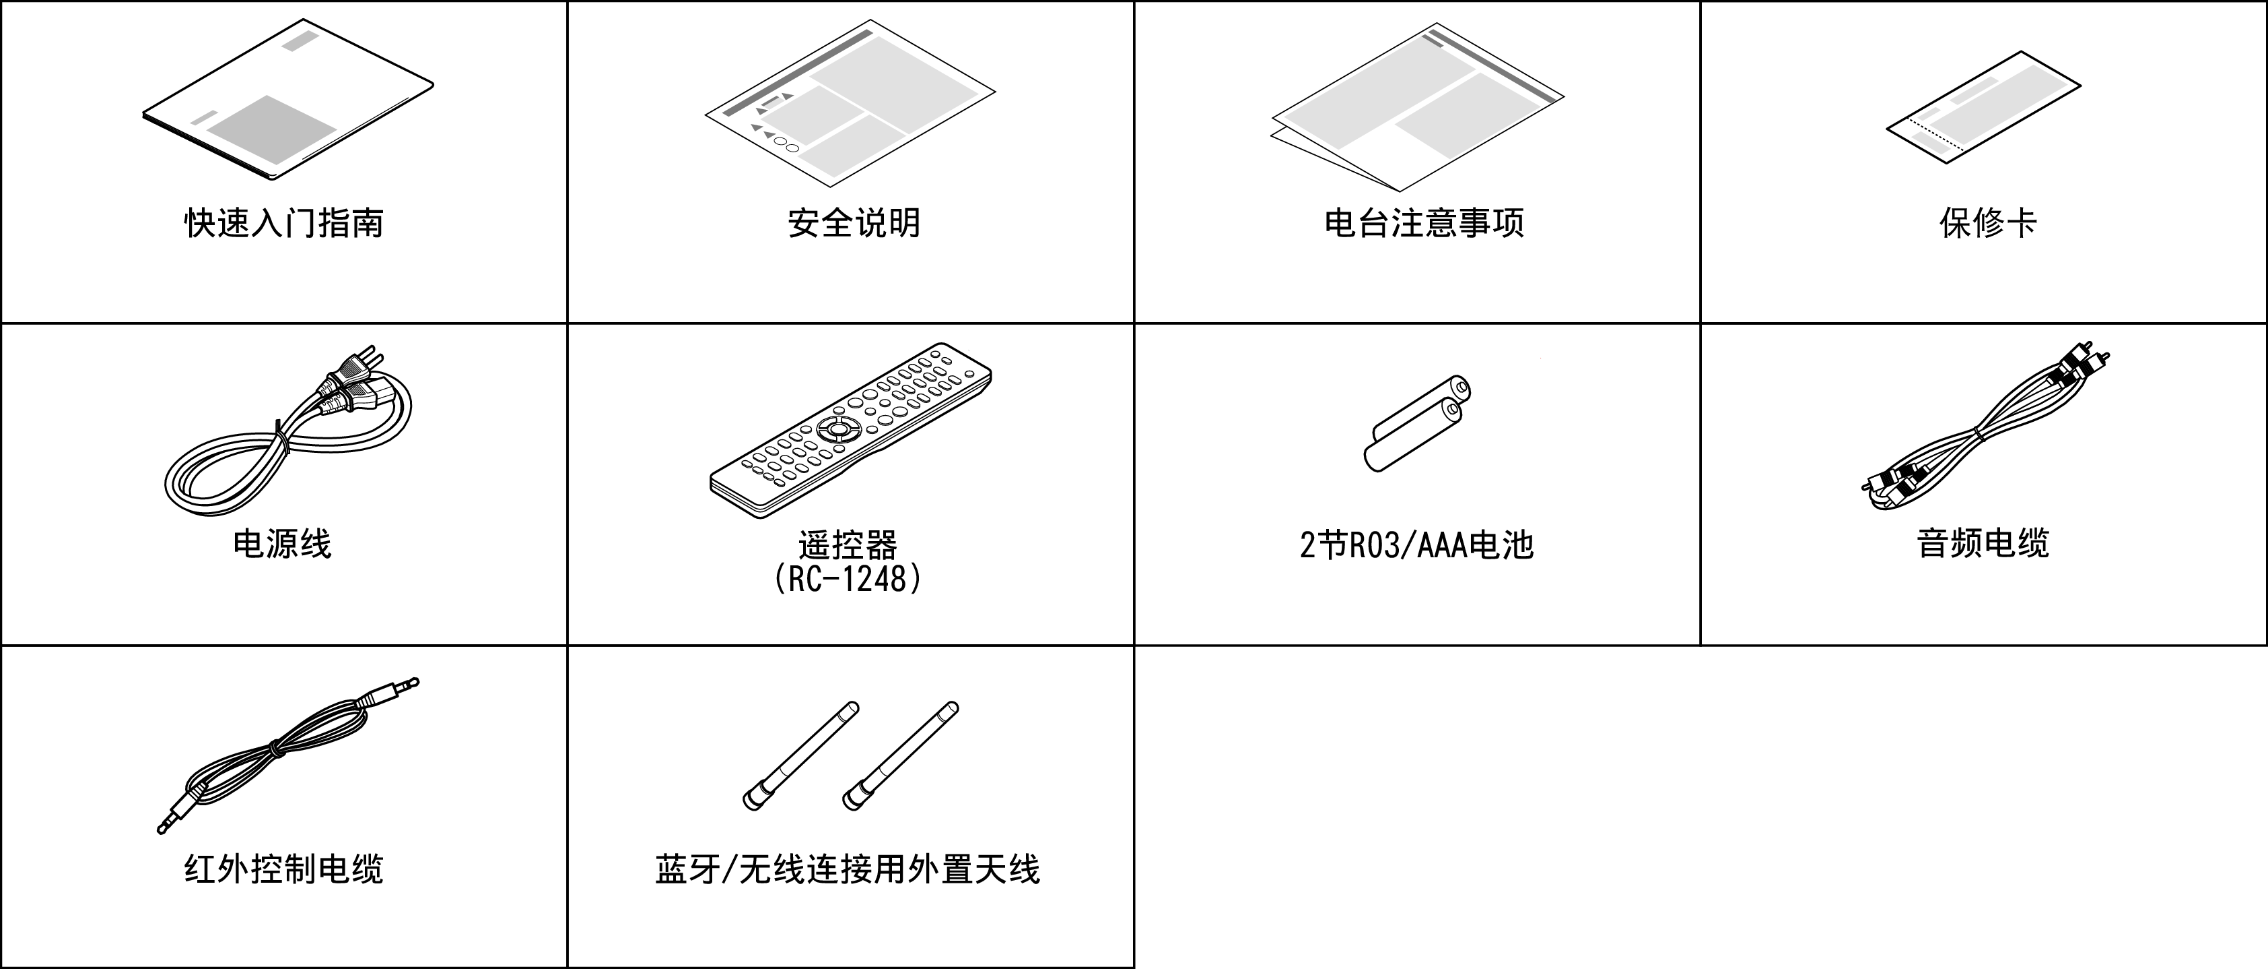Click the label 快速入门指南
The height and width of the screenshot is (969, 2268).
283,223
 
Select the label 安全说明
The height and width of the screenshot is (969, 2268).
853,223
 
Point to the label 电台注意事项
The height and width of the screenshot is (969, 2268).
1424,223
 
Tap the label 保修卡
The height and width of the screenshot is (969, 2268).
1987,223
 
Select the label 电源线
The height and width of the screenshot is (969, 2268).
282,544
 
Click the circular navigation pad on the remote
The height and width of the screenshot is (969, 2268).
835,430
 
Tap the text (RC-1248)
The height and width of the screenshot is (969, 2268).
847,579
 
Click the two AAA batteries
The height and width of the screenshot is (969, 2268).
1418,423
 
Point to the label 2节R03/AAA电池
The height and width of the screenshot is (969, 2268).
1416,545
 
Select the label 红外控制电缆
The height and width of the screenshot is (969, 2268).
283,869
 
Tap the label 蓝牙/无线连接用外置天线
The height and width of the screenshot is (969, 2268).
847,869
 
